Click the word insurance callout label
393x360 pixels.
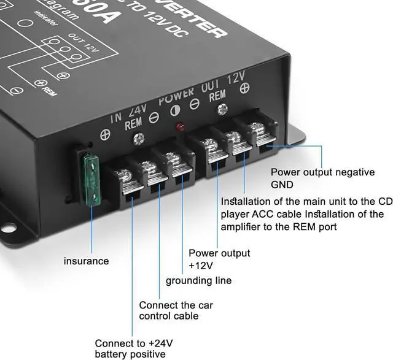point(86,261)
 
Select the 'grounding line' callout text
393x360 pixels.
point(198,280)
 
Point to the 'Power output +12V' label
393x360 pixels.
point(219,259)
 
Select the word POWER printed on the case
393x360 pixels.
point(176,96)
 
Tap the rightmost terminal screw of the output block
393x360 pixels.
point(257,130)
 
